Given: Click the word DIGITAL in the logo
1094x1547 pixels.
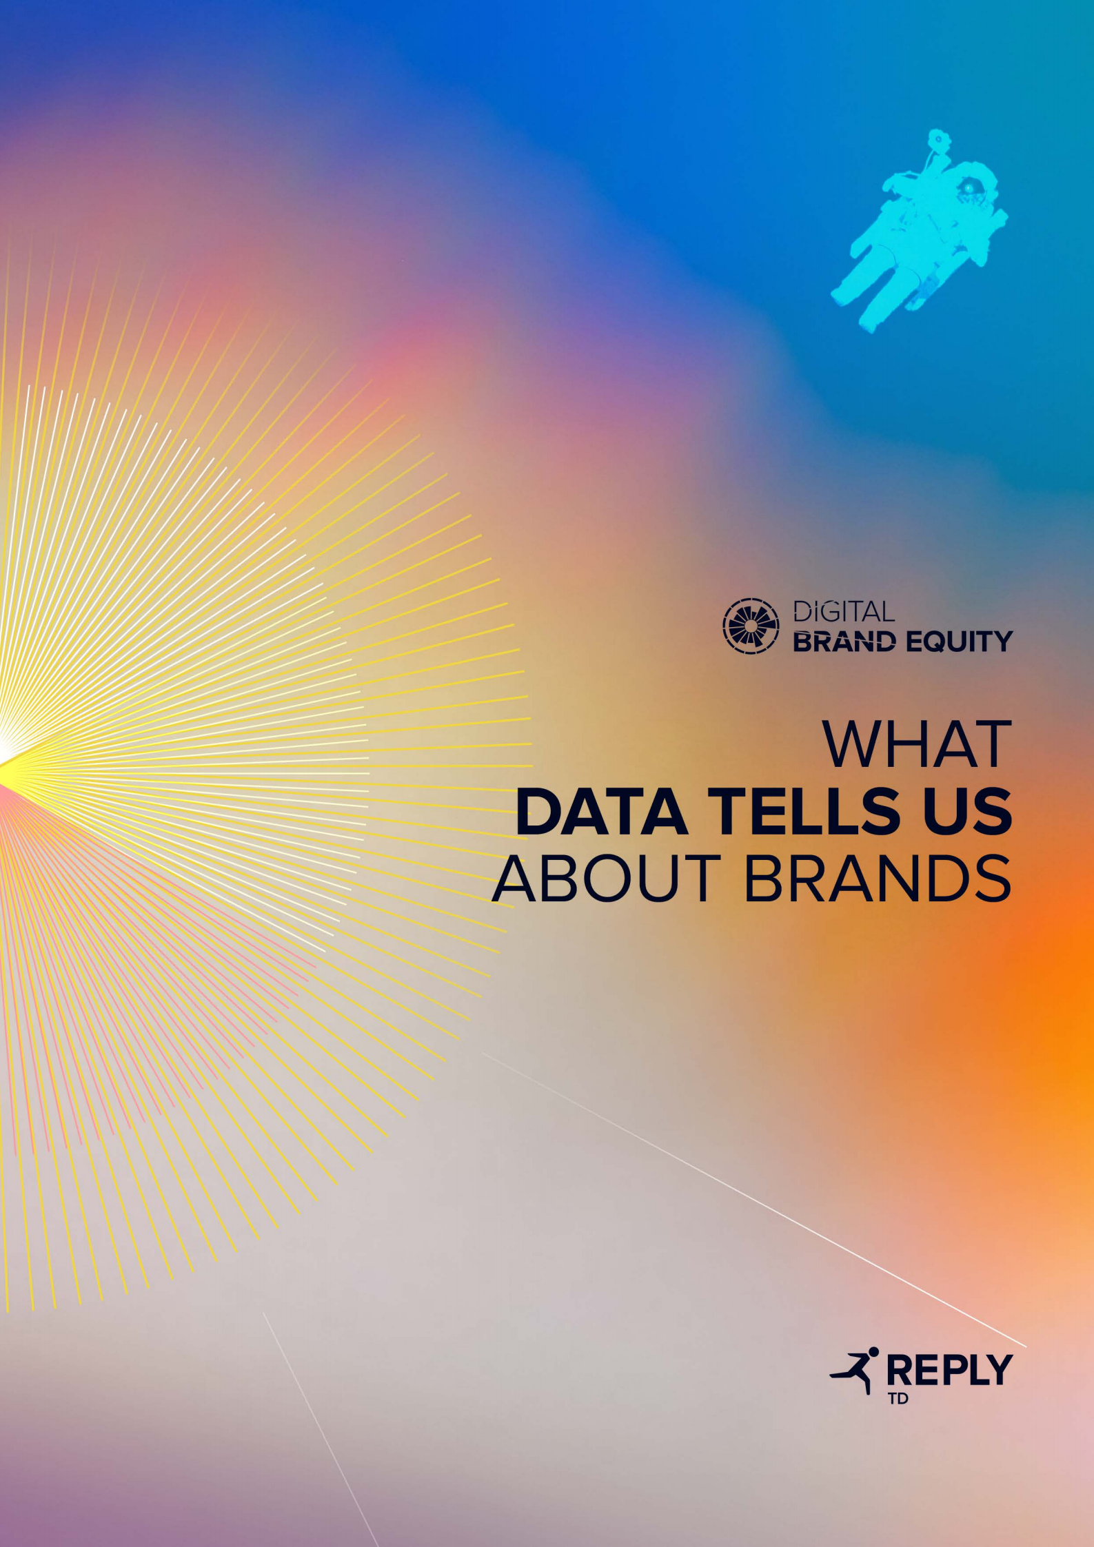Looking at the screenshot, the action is tap(844, 611).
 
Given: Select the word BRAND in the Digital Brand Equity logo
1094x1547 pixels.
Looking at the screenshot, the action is tap(845, 642).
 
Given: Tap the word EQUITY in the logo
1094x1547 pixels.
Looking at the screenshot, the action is tap(958, 642).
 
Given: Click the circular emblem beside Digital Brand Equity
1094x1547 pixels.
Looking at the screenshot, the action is tap(751, 626).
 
